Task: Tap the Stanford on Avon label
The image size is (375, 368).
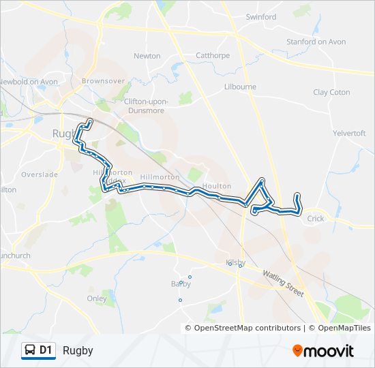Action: click(x=316, y=42)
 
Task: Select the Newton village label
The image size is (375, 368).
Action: click(x=147, y=56)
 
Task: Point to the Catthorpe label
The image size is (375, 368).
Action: click(x=213, y=56)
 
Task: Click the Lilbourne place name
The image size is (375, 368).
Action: click(x=240, y=87)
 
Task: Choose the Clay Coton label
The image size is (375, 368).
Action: click(x=331, y=92)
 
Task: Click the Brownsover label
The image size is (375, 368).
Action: click(x=103, y=80)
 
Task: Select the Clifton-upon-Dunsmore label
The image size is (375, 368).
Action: click(x=145, y=105)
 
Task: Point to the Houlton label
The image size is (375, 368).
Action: click(x=217, y=185)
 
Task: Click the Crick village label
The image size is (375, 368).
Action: click(x=316, y=219)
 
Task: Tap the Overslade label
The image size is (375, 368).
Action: click(x=40, y=174)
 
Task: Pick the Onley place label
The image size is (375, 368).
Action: click(x=97, y=298)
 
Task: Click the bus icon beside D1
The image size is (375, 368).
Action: click(x=31, y=350)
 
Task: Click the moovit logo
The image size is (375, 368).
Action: click(x=323, y=351)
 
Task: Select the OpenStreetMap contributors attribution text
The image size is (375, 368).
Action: click(x=247, y=328)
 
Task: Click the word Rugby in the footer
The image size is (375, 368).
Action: click(x=78, y=351)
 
